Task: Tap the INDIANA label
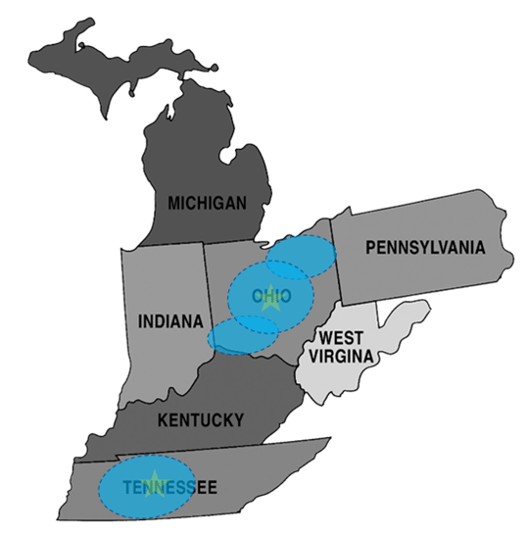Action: tap(170, 321)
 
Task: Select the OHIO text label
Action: tap(270, 296)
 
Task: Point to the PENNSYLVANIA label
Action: tap(424, 248)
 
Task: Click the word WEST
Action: tap(335, 339)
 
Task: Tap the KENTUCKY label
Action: tap(200, 420)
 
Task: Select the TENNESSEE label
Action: tap(170, 486)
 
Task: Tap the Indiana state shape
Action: tap(162, 284)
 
